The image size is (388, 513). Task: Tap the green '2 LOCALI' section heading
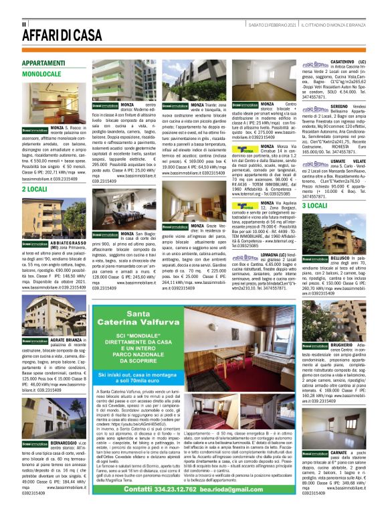33,190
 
